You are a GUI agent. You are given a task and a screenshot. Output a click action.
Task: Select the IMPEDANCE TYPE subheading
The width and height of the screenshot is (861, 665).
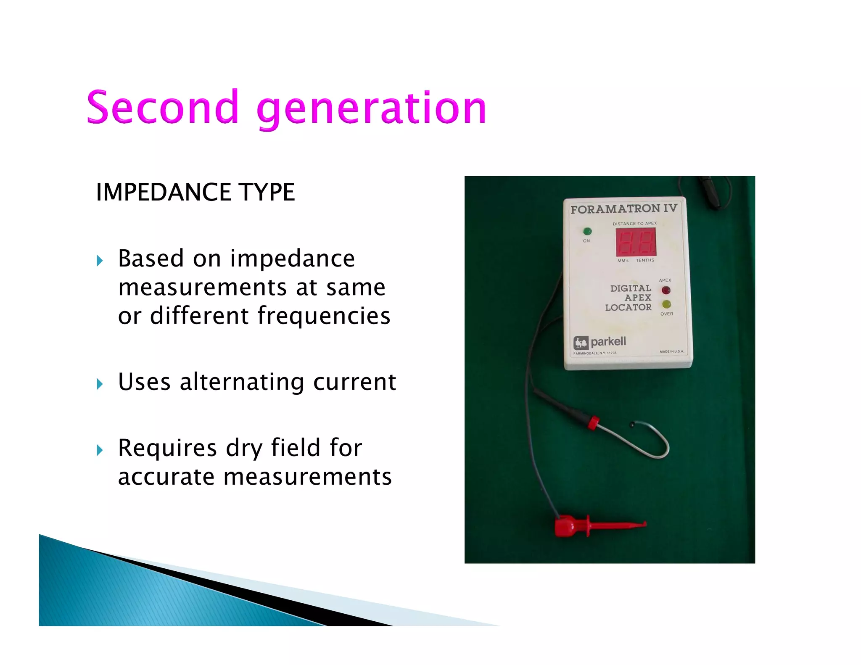click(x=195, y=192)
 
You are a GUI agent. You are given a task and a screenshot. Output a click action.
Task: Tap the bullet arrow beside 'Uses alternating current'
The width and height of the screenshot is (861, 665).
click(x=100, y=383)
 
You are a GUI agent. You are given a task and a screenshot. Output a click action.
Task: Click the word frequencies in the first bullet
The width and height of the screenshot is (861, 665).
click(x=324, y=316)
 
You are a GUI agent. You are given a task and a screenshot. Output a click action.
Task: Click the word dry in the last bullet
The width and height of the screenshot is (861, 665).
click(x=244, y=448)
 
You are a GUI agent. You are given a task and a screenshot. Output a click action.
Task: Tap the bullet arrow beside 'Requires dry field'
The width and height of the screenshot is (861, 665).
click(x=100, y=450)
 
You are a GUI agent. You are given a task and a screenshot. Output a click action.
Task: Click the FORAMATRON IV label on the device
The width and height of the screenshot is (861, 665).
click(x=623, y=208)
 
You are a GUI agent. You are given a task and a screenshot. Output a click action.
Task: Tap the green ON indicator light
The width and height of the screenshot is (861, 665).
click(x=587, y=231)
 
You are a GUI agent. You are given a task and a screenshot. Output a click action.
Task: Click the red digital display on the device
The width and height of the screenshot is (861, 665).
click(x=636, y=242)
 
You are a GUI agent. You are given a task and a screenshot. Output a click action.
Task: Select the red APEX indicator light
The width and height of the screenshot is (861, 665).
click(x=666, y=290)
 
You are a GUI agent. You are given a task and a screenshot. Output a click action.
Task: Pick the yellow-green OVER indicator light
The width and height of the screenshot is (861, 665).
click(x=666, y=304)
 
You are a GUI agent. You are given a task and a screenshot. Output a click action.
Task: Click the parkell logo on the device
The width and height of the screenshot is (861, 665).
click(x=600, y=342)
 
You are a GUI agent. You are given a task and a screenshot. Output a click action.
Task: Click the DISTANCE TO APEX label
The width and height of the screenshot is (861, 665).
click(x=634, y=223)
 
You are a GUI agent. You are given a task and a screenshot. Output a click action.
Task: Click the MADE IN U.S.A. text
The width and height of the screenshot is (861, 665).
click(x=671, y=351)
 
